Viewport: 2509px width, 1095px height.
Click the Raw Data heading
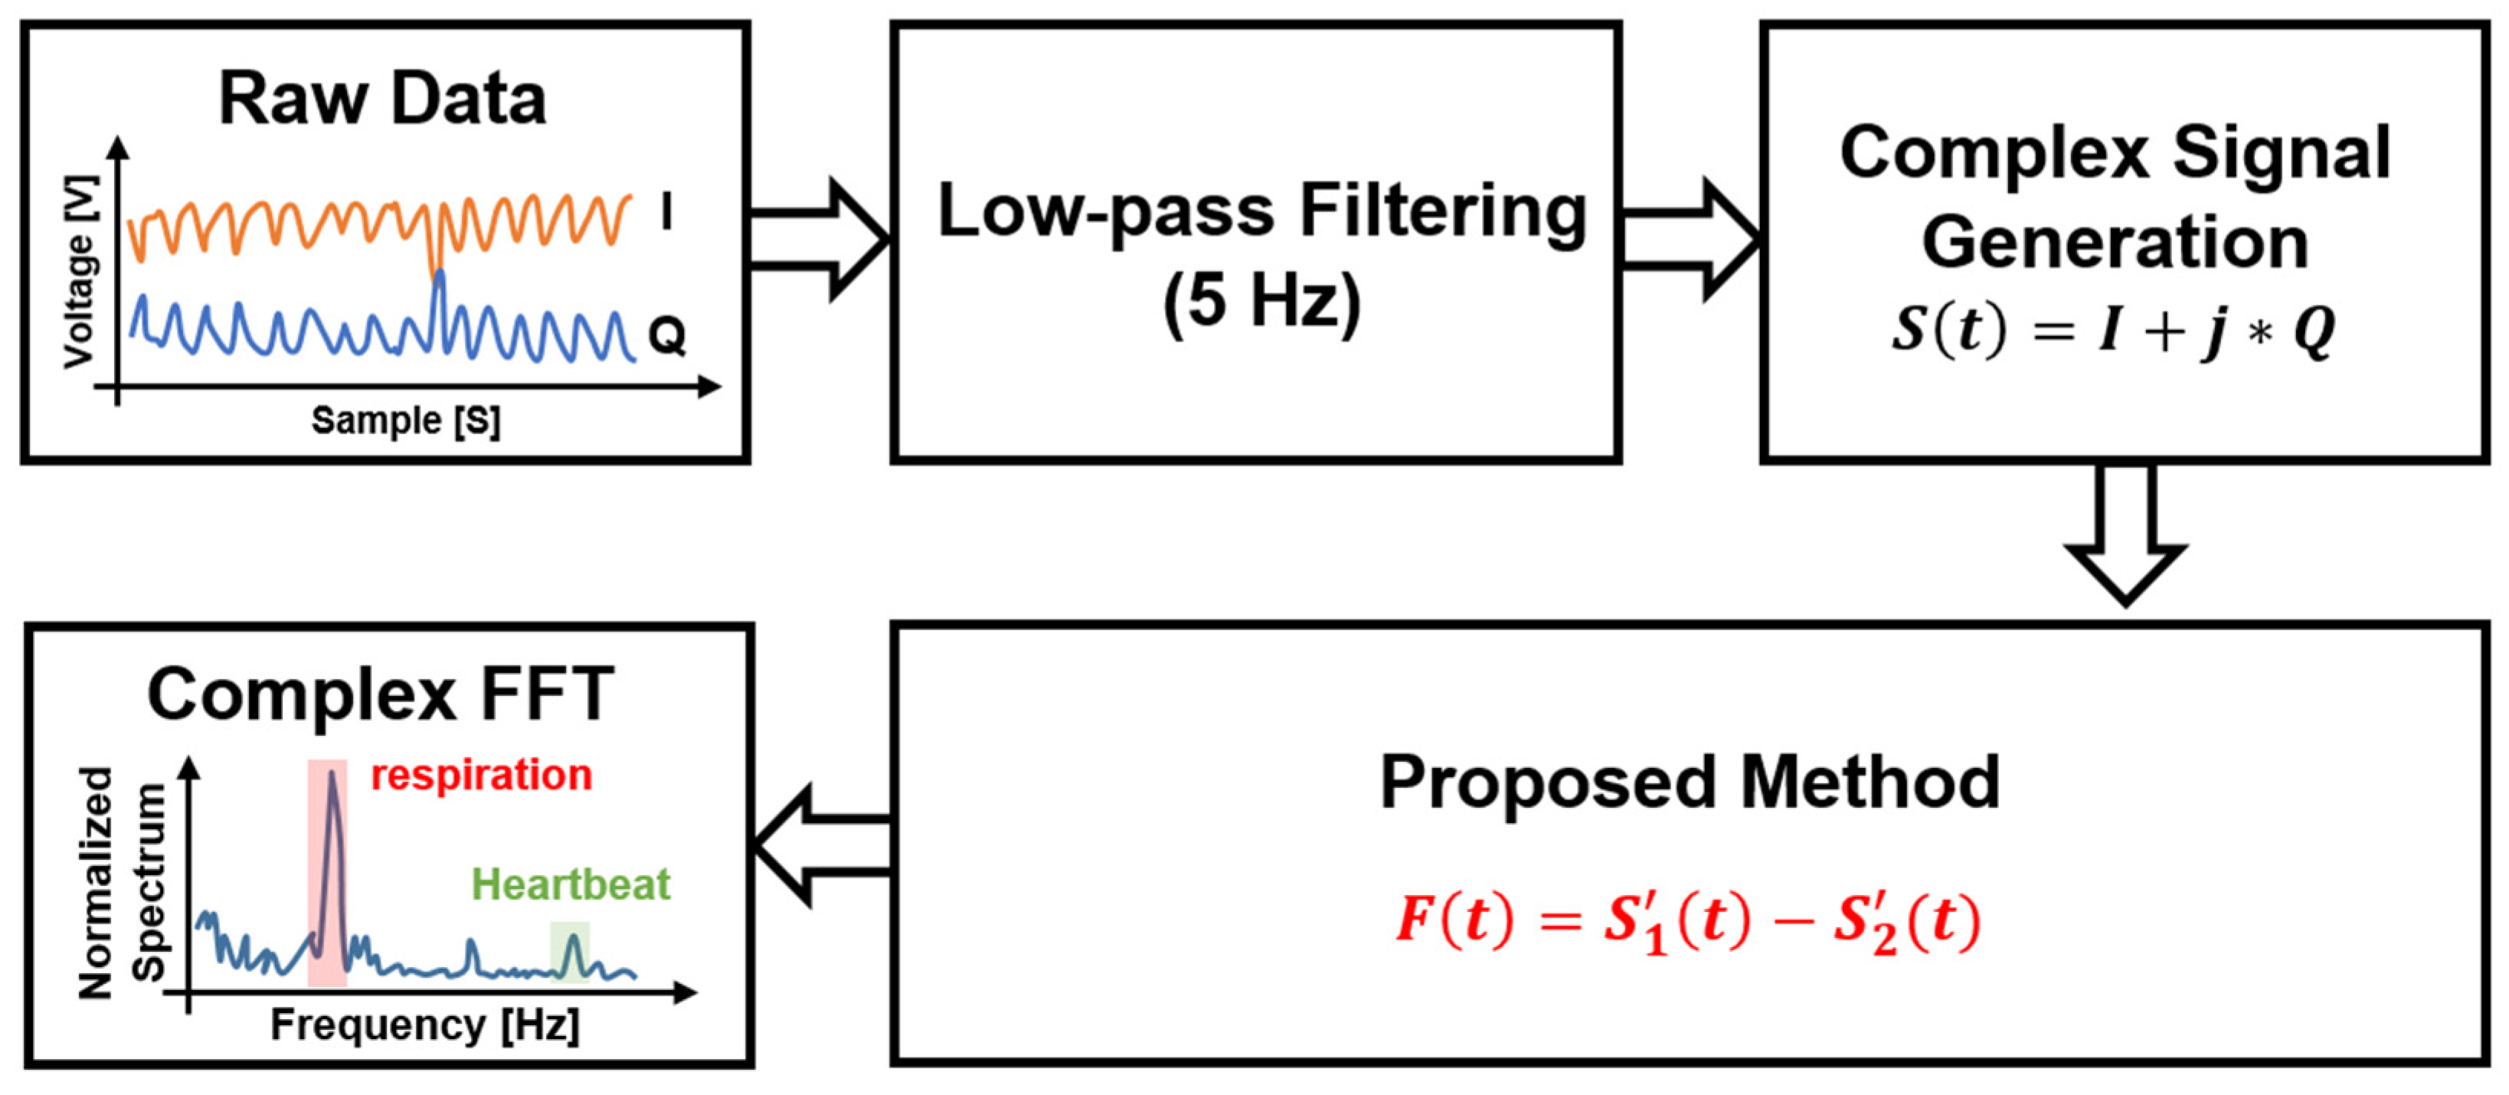click(382, 100)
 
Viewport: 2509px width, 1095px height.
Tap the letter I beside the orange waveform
click(666, 211)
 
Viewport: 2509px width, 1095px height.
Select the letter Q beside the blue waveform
click(667, 337)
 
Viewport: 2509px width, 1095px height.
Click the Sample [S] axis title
click(406, 421)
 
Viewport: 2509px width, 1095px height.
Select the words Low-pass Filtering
click(1261, 212)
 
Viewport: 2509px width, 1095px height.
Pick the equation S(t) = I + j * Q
click(2114, 332)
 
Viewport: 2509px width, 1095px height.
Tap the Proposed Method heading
click(1690, 783)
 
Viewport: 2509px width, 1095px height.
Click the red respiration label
click(481, 776)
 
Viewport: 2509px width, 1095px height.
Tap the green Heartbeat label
click(571, 884)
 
